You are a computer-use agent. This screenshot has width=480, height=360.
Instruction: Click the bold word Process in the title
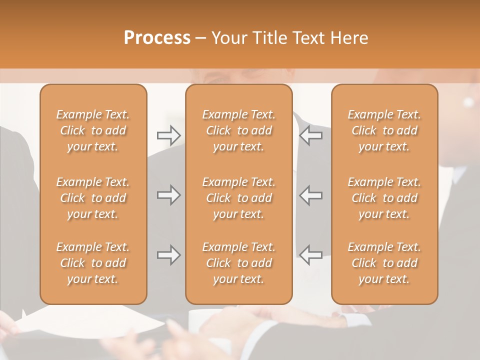coord(157,38)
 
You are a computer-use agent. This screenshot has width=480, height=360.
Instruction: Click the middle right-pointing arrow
coord(168,195)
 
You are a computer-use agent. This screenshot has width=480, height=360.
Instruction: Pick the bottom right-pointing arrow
coord(168,255)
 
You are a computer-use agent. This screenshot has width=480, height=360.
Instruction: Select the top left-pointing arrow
coord(310,135)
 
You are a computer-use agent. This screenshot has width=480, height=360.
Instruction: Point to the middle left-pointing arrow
coord(310,195)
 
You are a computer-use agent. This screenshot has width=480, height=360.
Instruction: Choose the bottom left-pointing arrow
coord(310,254)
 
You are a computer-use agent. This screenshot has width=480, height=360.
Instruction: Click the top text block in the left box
coord(93,130)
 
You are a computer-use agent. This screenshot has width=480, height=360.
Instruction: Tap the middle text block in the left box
coord(93,198)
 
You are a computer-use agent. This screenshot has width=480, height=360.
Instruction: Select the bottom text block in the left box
coord(93,263)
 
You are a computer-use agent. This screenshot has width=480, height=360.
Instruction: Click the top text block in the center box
coord(238,130)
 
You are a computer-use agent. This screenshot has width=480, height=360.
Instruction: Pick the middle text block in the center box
coord(238,198)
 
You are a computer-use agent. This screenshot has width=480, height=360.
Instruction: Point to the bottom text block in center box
coord(238,263)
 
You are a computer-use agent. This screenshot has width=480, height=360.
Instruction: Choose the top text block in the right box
coord(384,130)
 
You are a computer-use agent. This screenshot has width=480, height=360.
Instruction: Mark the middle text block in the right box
coord(384,198)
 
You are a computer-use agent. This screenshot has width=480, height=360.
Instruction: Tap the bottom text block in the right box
coord(384,263)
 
